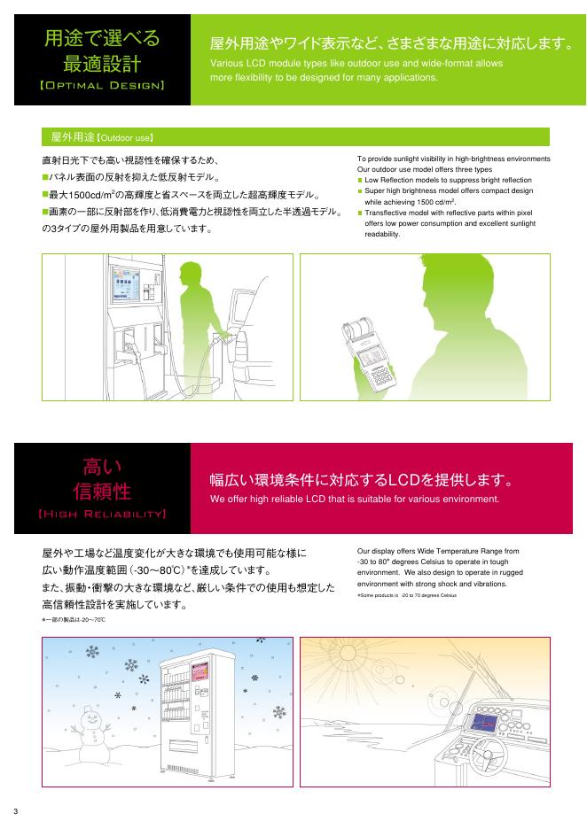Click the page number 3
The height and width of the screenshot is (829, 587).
coord(15,811)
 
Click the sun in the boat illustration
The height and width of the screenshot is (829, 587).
coord(348,653)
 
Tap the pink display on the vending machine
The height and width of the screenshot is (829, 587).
coord(200,672)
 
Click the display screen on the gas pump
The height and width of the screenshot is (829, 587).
coord(125,284)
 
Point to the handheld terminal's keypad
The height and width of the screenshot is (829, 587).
coord(380,375)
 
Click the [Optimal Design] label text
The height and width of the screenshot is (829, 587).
coord(102,85)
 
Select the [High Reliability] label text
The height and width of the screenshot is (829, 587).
coord(102,514)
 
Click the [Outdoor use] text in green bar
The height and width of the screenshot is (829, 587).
coord(124,137)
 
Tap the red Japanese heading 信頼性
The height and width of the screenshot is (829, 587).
coord(102,492)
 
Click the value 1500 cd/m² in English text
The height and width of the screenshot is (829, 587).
coord(436,201)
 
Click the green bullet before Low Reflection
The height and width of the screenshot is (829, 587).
coord(360,181)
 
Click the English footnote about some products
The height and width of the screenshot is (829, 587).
coord(406,595)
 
